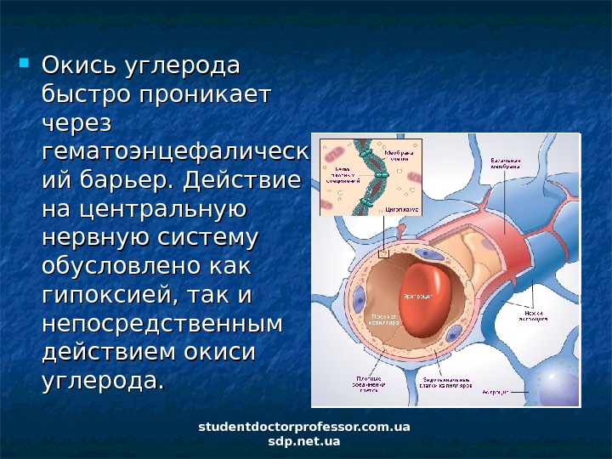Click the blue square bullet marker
tap(24, 63)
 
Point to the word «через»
tap(77, 124)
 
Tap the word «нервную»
tap(91, 240)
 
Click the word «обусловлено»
tap(118, 269)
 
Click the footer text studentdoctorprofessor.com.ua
tap(303, 426)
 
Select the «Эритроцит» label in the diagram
tap(419, 295)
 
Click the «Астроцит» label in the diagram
tap(496, 393)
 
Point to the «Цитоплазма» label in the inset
tap(399, 207)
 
